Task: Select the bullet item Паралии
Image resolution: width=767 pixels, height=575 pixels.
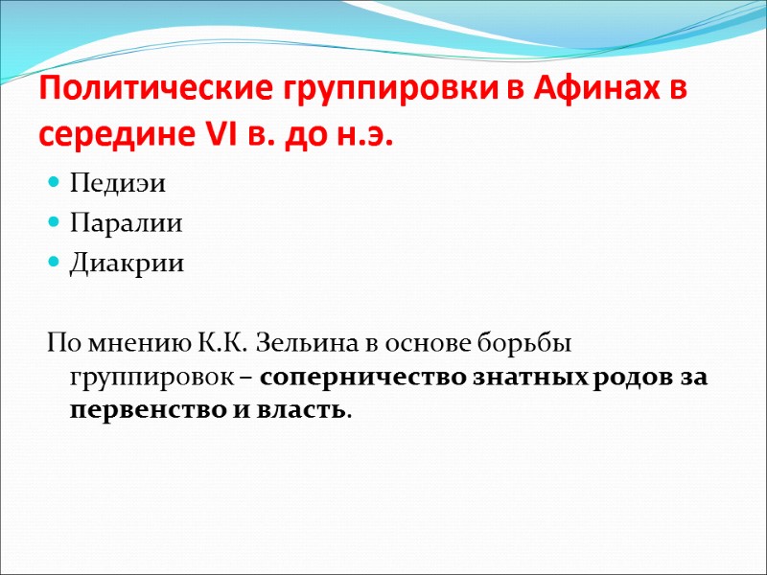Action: [x=110, y=222]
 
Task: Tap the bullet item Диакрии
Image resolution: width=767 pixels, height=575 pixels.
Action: [x=112, y=263]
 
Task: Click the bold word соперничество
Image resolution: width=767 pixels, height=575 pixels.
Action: [x=363, y=377]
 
